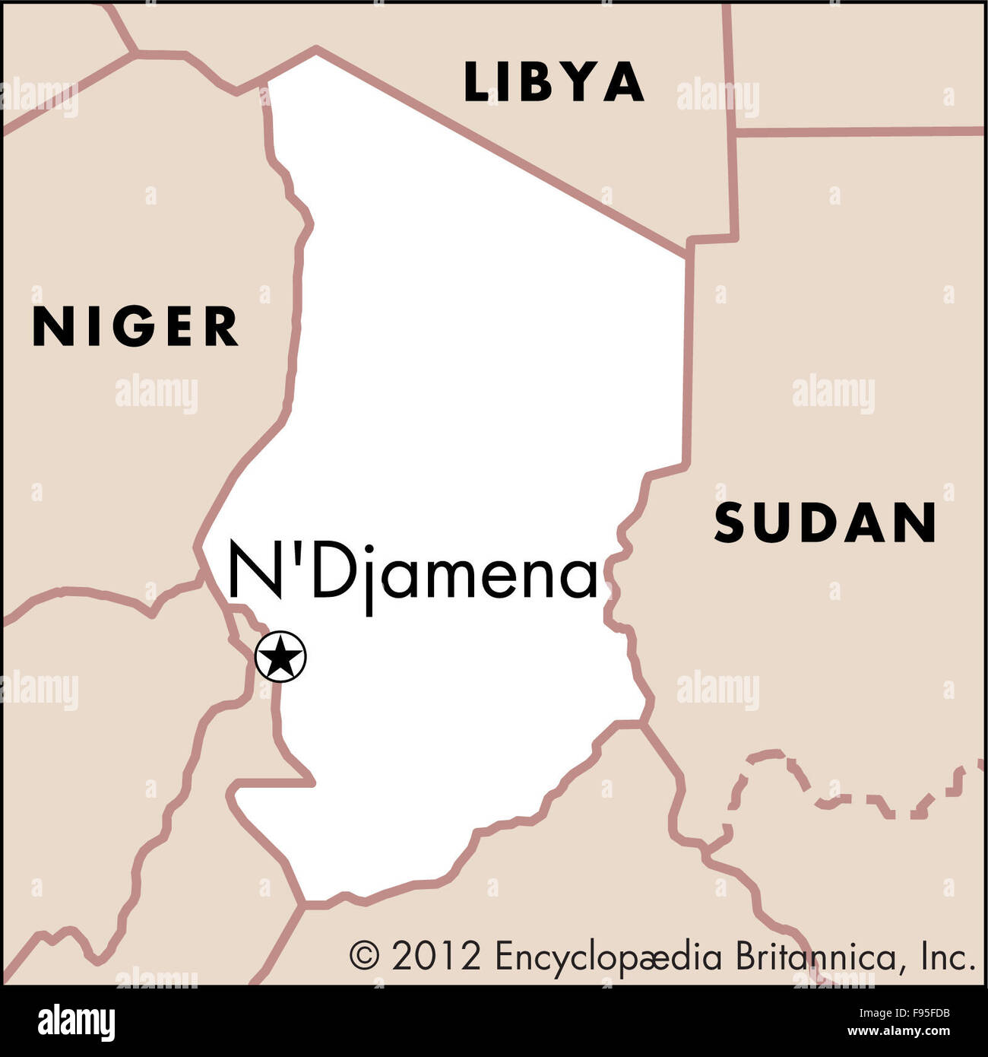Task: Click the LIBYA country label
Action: [554, 82]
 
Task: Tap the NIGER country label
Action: [135, 327]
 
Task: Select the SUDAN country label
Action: [825, 522]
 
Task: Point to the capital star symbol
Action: [280, 656]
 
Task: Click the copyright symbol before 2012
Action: [363, 956]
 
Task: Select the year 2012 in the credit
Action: [436, 956]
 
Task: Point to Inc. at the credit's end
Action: [948, 956]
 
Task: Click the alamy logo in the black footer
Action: [76, 1021]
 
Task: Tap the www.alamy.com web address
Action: [898, 1032]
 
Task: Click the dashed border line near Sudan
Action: [836, 798]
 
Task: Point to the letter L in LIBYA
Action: [476, 82]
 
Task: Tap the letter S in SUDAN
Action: [730, 523]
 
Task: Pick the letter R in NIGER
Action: [221, 327]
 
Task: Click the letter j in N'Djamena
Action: [371, 582]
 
